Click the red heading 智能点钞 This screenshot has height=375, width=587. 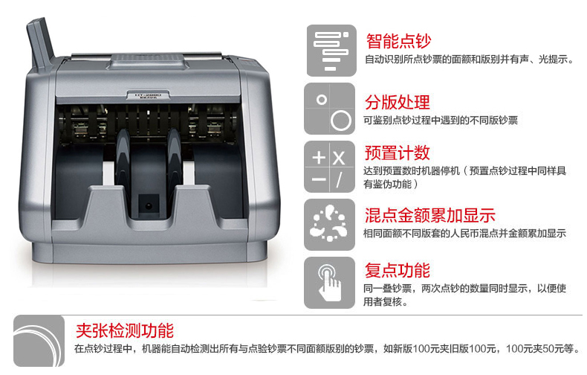[398, 41]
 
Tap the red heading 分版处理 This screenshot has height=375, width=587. [398, 102]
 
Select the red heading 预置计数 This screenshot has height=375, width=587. [398, 153]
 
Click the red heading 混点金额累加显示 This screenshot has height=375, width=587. [430, 215]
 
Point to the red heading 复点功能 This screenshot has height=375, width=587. [398, 270]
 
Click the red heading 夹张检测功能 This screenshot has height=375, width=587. [125, 330]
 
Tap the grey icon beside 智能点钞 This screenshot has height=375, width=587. [331, 51]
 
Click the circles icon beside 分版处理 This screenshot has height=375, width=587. [329, 109]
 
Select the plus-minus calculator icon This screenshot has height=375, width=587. [329, 167]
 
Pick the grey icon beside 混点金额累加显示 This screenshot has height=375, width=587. [329, 225]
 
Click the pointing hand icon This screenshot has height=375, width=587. [329, 283]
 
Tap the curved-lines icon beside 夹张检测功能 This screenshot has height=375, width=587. [39, 341]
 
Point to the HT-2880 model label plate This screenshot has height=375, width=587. [148, 96]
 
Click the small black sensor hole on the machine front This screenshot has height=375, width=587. [149, 206]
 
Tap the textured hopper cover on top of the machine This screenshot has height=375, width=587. [148, 62]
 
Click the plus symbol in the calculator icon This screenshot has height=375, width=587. [319, 157]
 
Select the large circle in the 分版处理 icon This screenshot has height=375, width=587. [341, 121]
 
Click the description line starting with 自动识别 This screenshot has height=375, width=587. [469, 60]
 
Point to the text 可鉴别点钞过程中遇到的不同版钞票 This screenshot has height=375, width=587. [441, 121]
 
